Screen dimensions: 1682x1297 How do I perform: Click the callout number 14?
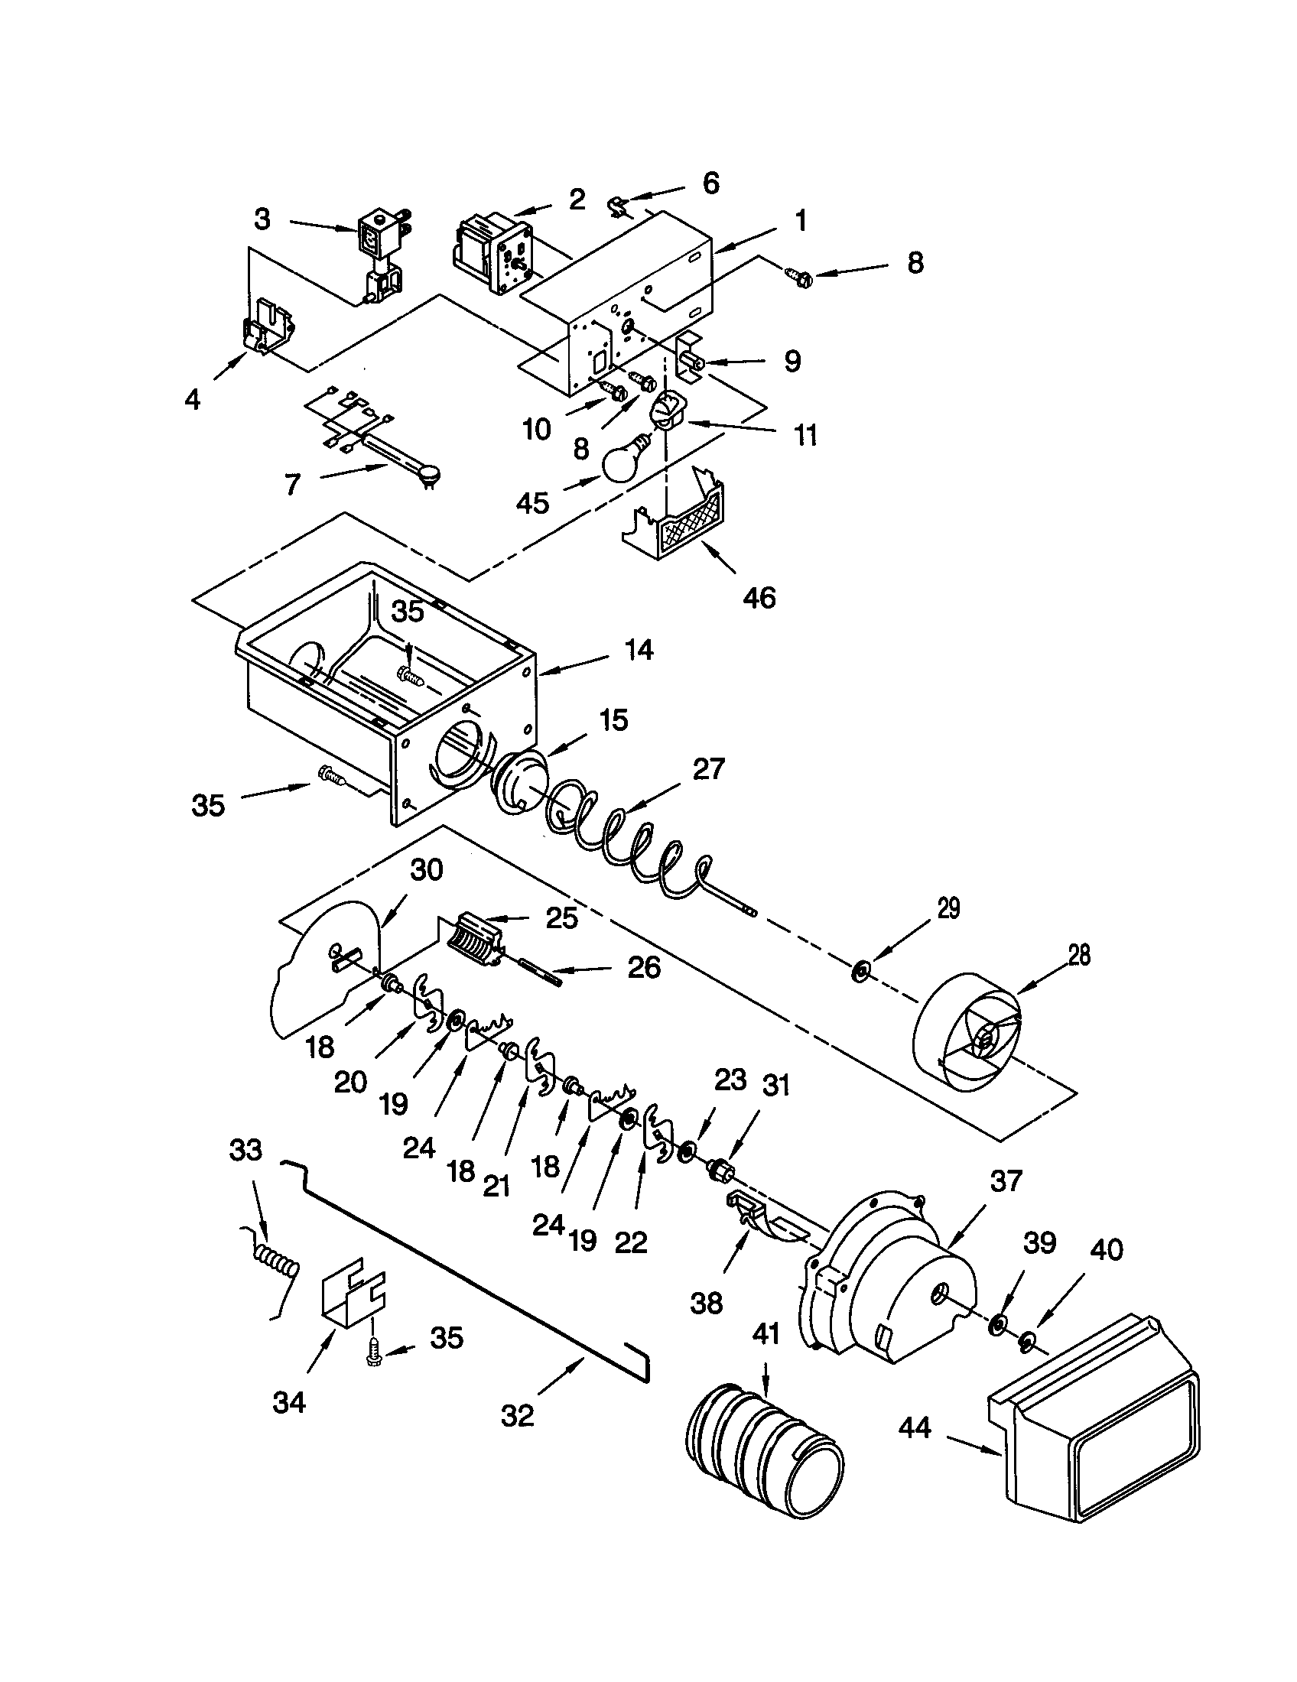point(639,650)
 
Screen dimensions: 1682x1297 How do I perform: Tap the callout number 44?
point(915,1427)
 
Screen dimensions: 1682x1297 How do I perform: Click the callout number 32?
point(517,1414)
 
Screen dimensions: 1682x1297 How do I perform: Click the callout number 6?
point(710,183)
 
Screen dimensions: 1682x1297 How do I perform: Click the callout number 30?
point(427,869)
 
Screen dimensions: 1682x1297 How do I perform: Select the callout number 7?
point(292,485)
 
